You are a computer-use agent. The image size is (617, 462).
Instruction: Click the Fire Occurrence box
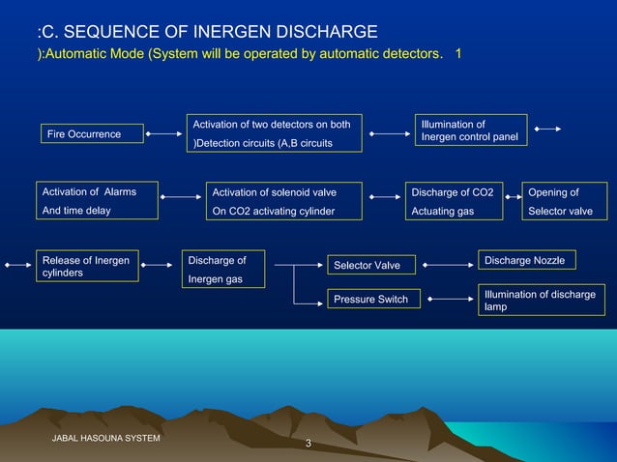click(x=92, y=134)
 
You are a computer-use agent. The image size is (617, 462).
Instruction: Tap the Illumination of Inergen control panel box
click(x=470, y=130)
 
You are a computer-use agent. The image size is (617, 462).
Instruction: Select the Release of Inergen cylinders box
click(x=86, y=266)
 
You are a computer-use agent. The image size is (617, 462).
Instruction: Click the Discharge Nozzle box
click(x=525, y=261)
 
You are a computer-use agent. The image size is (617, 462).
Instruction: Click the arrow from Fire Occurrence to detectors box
click(x=164, y=134)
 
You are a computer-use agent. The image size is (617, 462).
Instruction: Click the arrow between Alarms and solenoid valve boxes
click(x=180, y=197)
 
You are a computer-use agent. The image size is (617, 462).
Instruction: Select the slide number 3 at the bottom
click(x=308, y=445)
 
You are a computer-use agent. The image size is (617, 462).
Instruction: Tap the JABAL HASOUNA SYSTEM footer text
click(x=105, y=439)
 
